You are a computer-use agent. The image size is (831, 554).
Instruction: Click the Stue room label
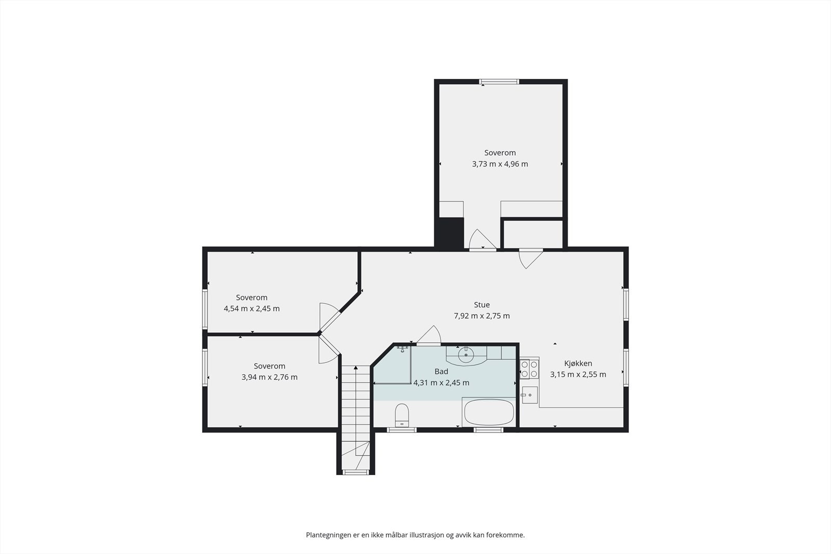(x=481, y=305)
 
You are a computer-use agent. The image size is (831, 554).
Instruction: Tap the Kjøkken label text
(x=578, y=363)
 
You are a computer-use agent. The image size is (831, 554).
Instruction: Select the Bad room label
(x=441, y=372)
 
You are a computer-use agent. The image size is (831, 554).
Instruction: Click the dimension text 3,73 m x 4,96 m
(x=500, y=164)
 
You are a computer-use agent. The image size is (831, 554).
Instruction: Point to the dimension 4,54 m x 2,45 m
(x=251, y=308)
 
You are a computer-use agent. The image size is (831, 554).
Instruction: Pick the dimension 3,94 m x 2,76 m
(x=270, y=377)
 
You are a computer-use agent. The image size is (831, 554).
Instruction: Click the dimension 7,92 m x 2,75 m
(x=481, y=316)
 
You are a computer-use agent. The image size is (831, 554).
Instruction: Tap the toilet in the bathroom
(x=402, y=415)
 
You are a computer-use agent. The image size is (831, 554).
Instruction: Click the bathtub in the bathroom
(x=489, y=412)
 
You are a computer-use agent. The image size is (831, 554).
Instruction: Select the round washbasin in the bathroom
(x=466, y=355)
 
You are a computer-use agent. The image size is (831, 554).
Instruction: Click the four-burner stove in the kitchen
(x=529, y=369)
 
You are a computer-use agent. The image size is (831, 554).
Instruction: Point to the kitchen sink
(x=529, y=395)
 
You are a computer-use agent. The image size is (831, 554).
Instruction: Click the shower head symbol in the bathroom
(x=403, y=348)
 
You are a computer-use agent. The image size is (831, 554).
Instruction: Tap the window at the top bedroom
(x=499, y=82)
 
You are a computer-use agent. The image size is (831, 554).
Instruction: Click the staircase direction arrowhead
(x=356, y=368)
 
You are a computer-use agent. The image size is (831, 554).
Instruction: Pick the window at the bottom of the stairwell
(x=355, y=472)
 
